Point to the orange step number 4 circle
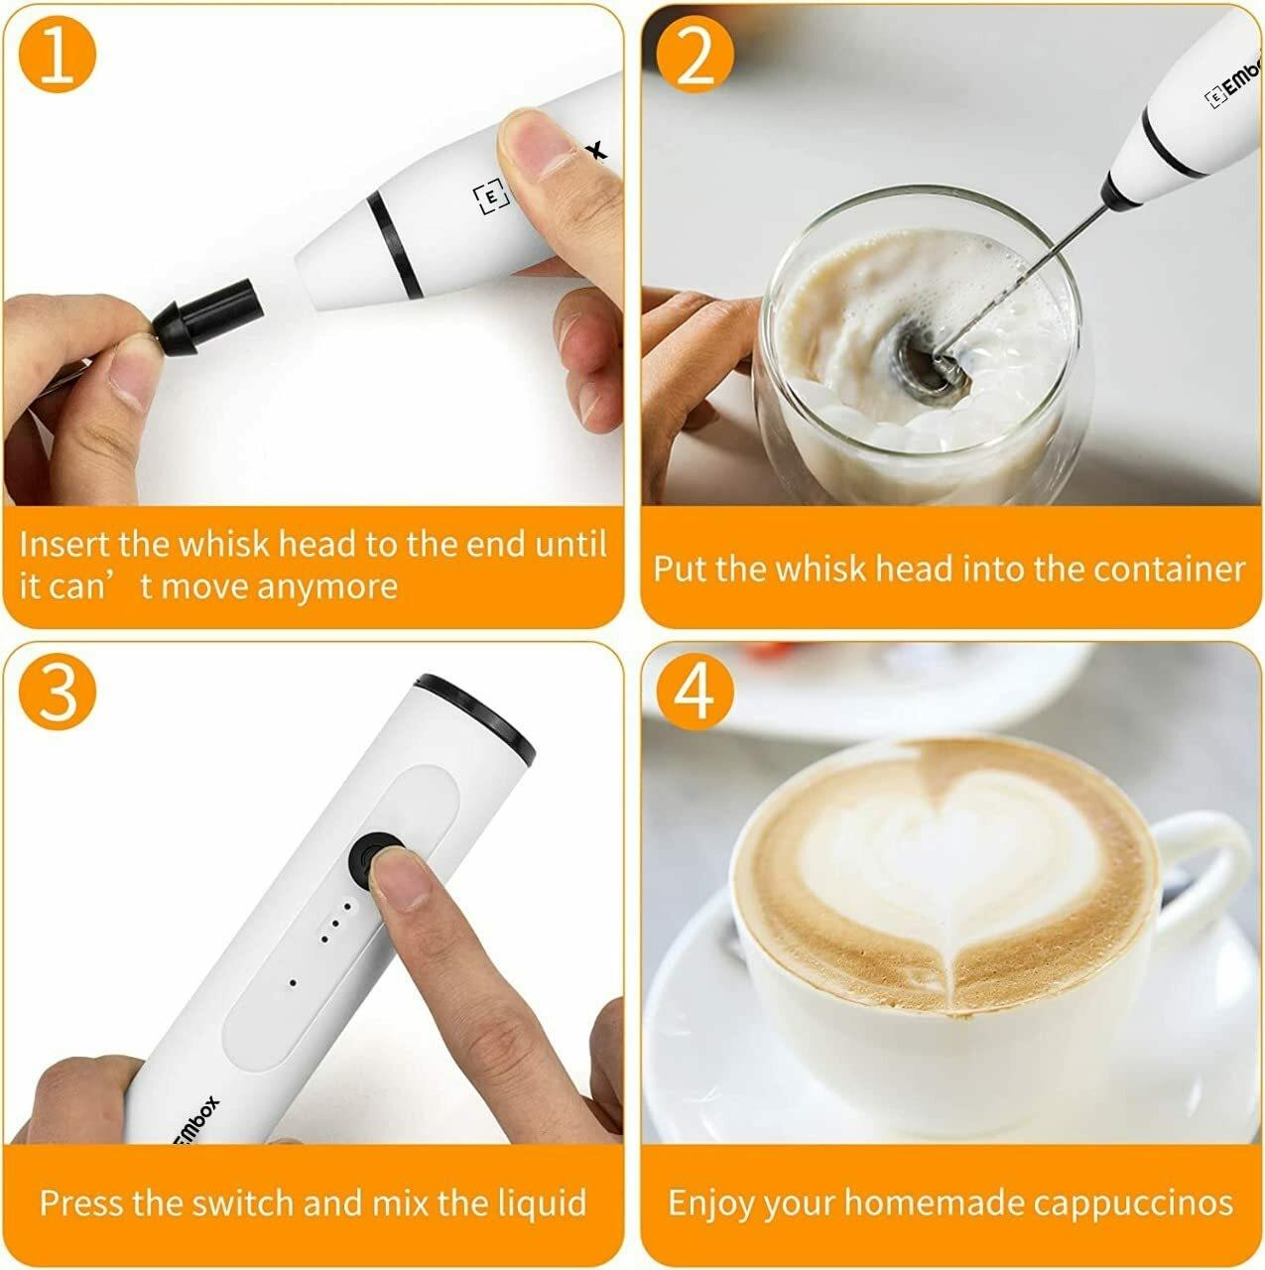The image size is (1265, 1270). (695, 693)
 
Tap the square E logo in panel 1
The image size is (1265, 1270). (490, 195)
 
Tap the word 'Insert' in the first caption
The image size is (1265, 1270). (64, 545)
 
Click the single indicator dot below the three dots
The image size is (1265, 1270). (293, 983)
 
